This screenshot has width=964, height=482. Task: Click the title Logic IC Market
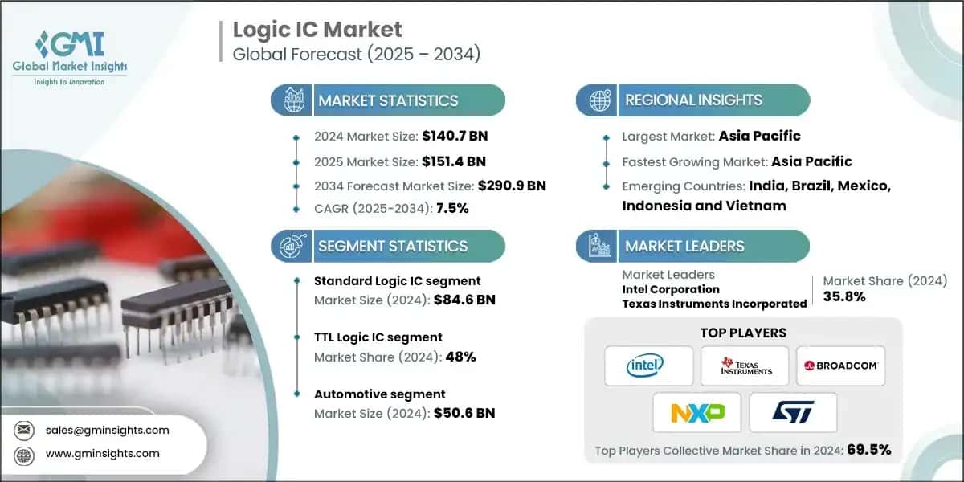pyautogui.click(x=317, y=30)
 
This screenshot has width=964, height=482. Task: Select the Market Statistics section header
pyautogui.click(x=388, y=100)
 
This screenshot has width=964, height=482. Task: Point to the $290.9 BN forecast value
pyautogui.click(x=512, y=186)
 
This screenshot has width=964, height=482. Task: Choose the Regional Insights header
pyautogui.click(x=693, y=100)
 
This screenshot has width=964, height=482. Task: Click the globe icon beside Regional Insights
pyautogui.click(x=598, y=100)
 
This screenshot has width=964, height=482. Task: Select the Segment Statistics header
pyautogui.click(x=392, y=246)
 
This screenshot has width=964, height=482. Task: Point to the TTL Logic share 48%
pyautogui.click(x=460, y=357)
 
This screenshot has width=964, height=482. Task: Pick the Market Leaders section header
pyautogui.click(x=684, y=246)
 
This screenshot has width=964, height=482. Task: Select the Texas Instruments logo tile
pyautogui.click(x=744, y=366)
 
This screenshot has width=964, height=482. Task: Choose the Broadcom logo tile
pyautogui.click(x=840, y=366)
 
